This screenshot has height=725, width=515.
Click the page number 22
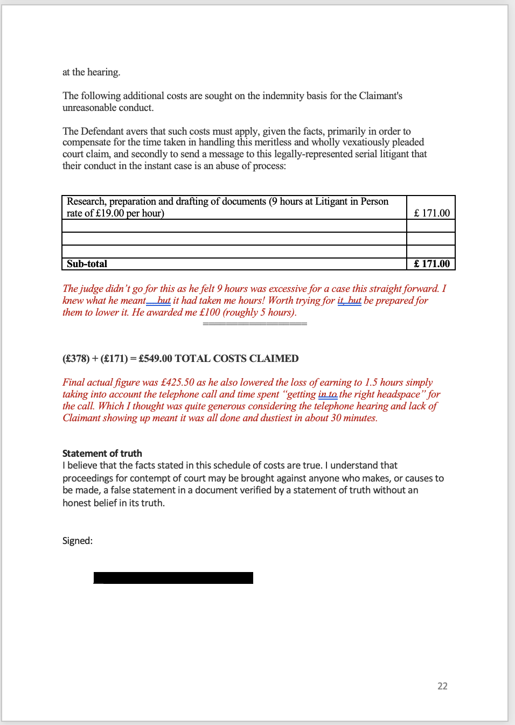tap(442, 686)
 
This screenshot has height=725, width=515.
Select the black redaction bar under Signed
tap(173, 578)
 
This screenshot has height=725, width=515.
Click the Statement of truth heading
tap(102, 454)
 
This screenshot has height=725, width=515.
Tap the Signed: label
tap(77, 541)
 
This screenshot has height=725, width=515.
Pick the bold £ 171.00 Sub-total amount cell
tap(432, 264)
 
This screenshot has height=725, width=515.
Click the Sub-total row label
tap(87, 264)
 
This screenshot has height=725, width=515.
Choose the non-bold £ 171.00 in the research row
tap(432, 213)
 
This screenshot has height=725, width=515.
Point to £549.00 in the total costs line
tap(155, 359)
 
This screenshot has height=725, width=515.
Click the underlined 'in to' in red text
tap(328, 394)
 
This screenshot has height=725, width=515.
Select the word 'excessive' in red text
tap(287, 289)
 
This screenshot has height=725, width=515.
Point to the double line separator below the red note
tap(255, 324)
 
